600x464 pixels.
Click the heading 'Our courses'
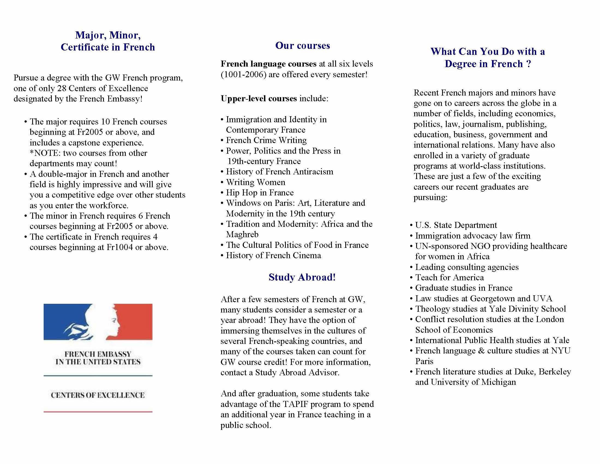coord(302,46)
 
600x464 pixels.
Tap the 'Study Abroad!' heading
coord(302,277)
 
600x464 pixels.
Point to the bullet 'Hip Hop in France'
coord(260,193)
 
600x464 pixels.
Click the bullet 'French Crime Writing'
coord(266,140)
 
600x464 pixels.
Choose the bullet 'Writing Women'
coord(256,182)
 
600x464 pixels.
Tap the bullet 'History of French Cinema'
coord(273,255)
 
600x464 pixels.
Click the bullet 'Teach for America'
coord(449,277)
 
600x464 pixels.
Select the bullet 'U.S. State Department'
coord(456,225)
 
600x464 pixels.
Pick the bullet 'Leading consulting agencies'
coord(467,267)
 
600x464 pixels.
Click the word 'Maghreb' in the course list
coord(242,234)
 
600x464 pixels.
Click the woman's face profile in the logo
coord(110,322)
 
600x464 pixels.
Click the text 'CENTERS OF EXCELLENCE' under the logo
coord(98,395)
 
